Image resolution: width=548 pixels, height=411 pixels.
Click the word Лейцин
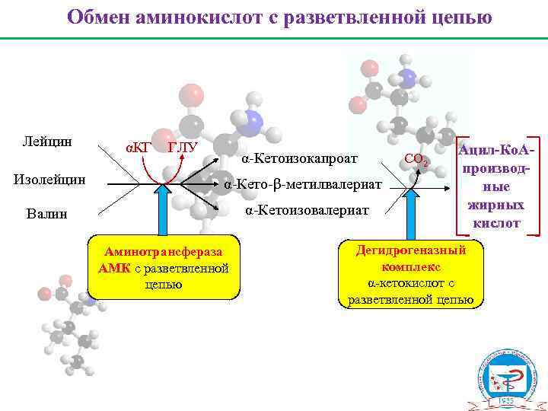[x=47, y=142]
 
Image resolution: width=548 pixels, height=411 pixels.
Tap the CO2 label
[x=416, y=159]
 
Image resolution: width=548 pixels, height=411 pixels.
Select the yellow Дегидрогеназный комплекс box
[x=410, y=275]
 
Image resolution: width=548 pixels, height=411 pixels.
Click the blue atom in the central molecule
[x=253, y=122]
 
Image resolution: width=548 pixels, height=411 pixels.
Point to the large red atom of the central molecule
[x=191, y=97]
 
